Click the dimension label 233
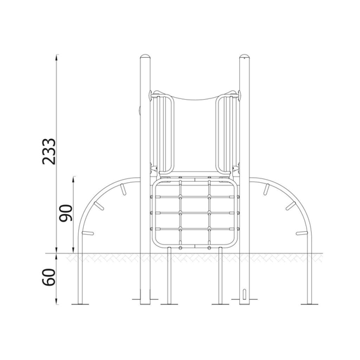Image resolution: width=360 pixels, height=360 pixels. click(x=49, y=151)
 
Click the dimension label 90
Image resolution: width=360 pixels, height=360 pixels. click(x=65, y=213)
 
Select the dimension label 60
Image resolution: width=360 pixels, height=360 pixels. click(x=49, y=277)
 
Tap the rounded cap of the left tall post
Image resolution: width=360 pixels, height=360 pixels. click(x=145, y=56)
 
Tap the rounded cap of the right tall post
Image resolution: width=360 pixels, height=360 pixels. click(x=244, y=56)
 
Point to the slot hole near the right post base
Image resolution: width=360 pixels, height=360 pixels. click(x=244, y=294)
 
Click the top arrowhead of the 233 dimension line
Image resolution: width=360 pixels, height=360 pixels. click(x=57, y=57)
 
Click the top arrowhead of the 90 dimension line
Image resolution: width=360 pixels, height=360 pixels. click(x=74, y=179)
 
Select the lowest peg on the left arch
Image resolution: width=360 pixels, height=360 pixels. click(x=88, y=233)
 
